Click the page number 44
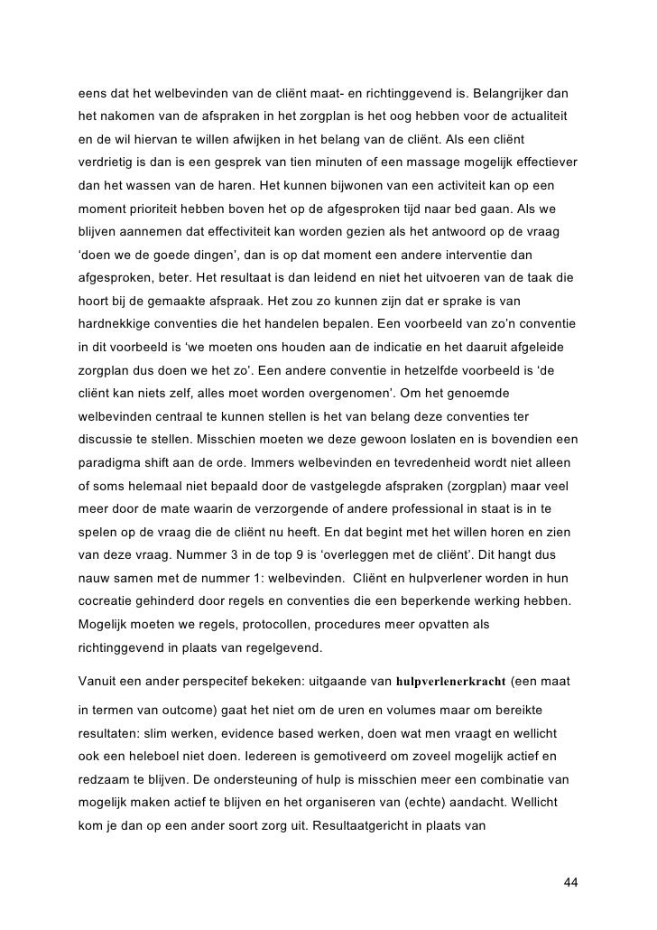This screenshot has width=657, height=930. [x=569, y=881]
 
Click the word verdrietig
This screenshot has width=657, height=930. [x=107, y=163]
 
